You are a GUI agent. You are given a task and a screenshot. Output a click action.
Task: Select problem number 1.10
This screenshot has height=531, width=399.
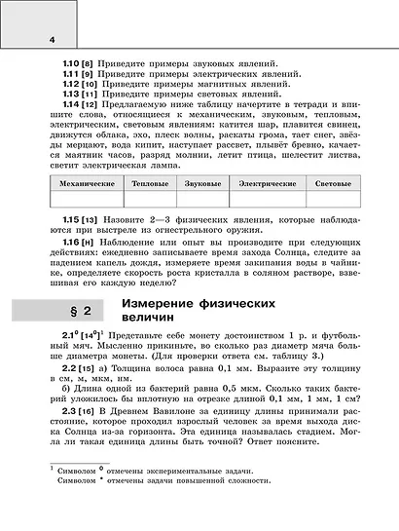tap(71, 62)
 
